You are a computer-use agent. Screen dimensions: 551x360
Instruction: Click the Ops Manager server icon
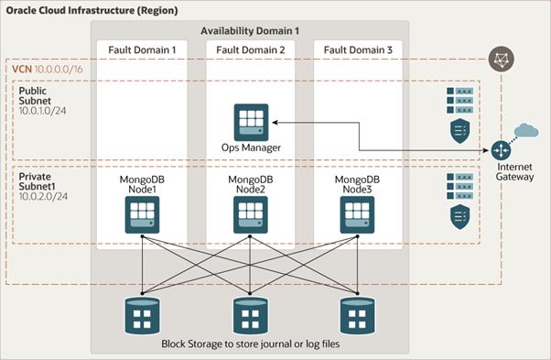pos(252,123)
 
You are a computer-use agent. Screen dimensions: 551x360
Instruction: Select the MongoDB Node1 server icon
pos(142,214)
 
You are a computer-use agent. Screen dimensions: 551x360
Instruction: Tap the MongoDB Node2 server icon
pos(251,214)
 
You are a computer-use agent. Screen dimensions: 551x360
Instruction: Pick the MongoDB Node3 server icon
pos(357,214)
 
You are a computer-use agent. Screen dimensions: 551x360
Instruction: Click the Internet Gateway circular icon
pos(501,150)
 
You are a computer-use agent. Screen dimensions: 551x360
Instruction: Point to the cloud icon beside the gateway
pos(526,130)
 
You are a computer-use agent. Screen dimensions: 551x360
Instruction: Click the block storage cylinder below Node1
pos(142,316)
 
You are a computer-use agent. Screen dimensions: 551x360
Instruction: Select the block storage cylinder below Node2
pos(251,316)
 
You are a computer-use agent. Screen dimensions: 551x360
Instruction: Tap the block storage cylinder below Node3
pos(357,316)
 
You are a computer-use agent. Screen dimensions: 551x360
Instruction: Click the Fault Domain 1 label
pos(142,49)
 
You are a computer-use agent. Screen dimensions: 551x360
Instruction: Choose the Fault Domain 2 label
pos(251,49)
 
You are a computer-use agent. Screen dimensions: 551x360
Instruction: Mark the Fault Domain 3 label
pos(358,49)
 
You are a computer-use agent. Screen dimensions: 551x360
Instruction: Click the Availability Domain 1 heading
pos(250,31)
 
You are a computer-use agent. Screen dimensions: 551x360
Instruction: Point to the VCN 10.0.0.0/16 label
pos(48,69)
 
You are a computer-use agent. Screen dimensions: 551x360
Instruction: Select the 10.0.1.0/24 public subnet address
pos(42,111)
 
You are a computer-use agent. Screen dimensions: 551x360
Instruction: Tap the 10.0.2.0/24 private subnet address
pos(43,196)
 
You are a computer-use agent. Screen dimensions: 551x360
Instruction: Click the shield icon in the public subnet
pos(460,131)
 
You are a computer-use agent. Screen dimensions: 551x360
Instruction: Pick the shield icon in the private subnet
pos(460,217)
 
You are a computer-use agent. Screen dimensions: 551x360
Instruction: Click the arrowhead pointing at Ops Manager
pos(275,123)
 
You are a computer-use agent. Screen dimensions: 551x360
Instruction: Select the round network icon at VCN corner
pos(502,59)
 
